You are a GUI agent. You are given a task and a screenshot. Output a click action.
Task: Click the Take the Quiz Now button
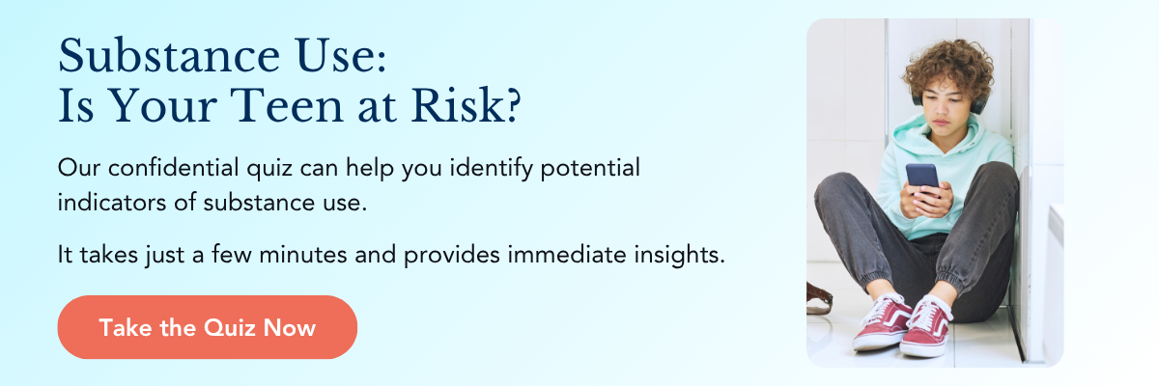(x=208, y=327)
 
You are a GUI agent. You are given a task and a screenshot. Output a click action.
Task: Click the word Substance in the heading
(x=169, y=56)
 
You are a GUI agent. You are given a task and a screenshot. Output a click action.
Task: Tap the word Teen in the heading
(x=287, y=106)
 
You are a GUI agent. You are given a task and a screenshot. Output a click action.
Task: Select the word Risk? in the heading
(x=466, y=106)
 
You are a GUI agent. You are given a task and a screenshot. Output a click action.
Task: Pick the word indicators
(x=112, y=202)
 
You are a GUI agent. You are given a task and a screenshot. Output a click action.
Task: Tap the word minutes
(x=302, y=254)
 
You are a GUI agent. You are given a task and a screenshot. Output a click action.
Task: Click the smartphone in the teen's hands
(x=922, y=179)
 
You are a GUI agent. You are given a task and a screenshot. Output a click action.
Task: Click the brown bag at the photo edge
(x=819, y=299)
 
